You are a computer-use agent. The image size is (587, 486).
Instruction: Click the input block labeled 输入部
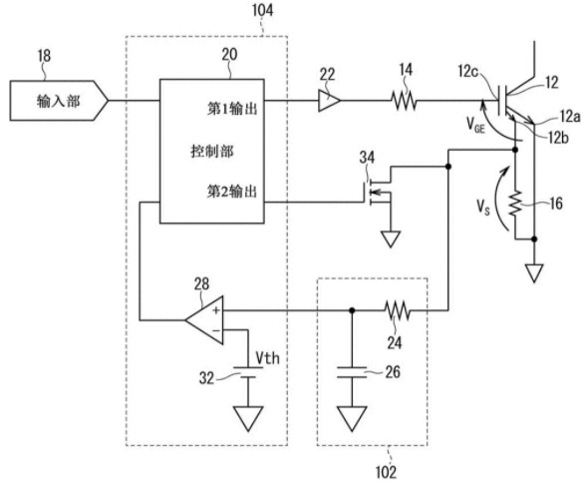click(59, 101)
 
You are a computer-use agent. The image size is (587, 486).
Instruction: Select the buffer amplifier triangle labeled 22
click(329, 101)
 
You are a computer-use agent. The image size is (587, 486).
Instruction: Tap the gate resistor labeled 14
click(404, 101)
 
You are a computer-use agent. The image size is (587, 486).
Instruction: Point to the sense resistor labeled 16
click(515, 203)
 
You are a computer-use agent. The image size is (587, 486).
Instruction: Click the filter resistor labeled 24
click(398, 310)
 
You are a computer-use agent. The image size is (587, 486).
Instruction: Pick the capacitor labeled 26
click(352, 372)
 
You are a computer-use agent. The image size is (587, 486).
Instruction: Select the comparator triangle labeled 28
click(204, 320)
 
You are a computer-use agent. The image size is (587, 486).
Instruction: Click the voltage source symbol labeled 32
click(247, 372)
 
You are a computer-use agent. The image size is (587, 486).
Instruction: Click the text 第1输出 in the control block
click(232, 109)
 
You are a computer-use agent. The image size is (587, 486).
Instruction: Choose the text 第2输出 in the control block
click(232, 192)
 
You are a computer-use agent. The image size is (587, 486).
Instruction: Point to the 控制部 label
click(212, 151)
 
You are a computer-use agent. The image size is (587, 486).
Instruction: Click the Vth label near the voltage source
click(268, 358)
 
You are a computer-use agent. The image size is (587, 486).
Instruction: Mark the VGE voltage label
click(475, 125)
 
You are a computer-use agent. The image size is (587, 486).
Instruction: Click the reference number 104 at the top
click(262, 10)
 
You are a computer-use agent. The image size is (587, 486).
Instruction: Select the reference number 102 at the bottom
click(386, 472)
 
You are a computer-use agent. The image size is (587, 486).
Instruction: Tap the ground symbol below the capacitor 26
click(352, 419)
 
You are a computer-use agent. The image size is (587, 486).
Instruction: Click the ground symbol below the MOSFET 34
click(391, 239)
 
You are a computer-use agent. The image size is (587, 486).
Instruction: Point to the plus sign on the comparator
click(216, 310)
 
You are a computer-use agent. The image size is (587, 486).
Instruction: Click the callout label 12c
click(468, 71)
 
